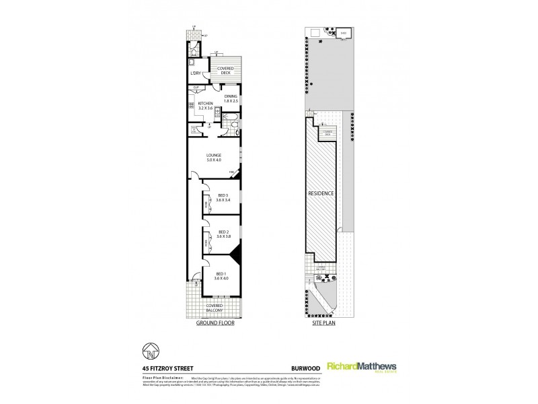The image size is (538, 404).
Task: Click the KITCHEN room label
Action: tap(204, 104)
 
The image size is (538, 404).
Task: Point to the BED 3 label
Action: tap(223, 197)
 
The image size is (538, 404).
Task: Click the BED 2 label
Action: tap(223, 233)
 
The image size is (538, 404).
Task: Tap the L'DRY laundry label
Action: tap(196, 73)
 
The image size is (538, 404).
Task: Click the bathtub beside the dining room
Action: tap(231, 125)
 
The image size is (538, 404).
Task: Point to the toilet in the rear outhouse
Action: tap(193, 52)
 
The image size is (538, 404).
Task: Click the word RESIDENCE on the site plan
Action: tap(321, 193)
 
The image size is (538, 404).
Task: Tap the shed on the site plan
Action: tap(342, 33)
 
